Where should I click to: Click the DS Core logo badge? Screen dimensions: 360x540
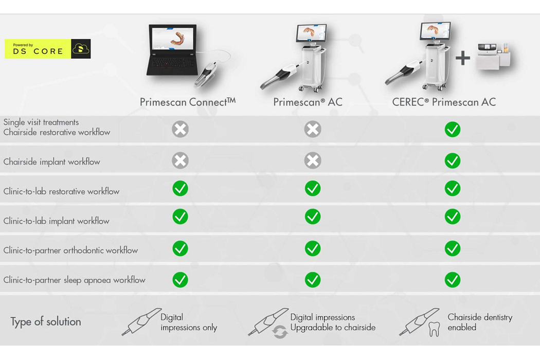47,49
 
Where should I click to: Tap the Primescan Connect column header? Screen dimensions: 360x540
187,102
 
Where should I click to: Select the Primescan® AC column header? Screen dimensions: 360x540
308,102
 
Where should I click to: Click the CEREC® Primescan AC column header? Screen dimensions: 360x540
444,102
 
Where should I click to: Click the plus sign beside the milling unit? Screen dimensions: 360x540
462,58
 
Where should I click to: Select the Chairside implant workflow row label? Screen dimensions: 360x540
52,161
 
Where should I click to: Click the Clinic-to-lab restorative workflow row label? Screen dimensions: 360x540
61,191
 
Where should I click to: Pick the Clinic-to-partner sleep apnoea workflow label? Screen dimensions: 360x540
74,280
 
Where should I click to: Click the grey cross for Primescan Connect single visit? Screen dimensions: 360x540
180,129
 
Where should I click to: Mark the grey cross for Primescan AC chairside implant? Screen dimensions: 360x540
313,161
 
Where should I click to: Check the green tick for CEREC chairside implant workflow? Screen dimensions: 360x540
453,161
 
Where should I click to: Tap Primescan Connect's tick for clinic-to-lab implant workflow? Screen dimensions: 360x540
180,217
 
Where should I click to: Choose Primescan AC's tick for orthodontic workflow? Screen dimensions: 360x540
313,248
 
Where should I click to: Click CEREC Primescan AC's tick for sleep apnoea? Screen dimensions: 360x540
453,280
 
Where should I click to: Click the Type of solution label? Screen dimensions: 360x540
46,322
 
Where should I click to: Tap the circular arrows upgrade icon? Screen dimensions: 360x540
280,332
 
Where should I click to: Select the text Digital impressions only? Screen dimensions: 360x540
189,322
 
